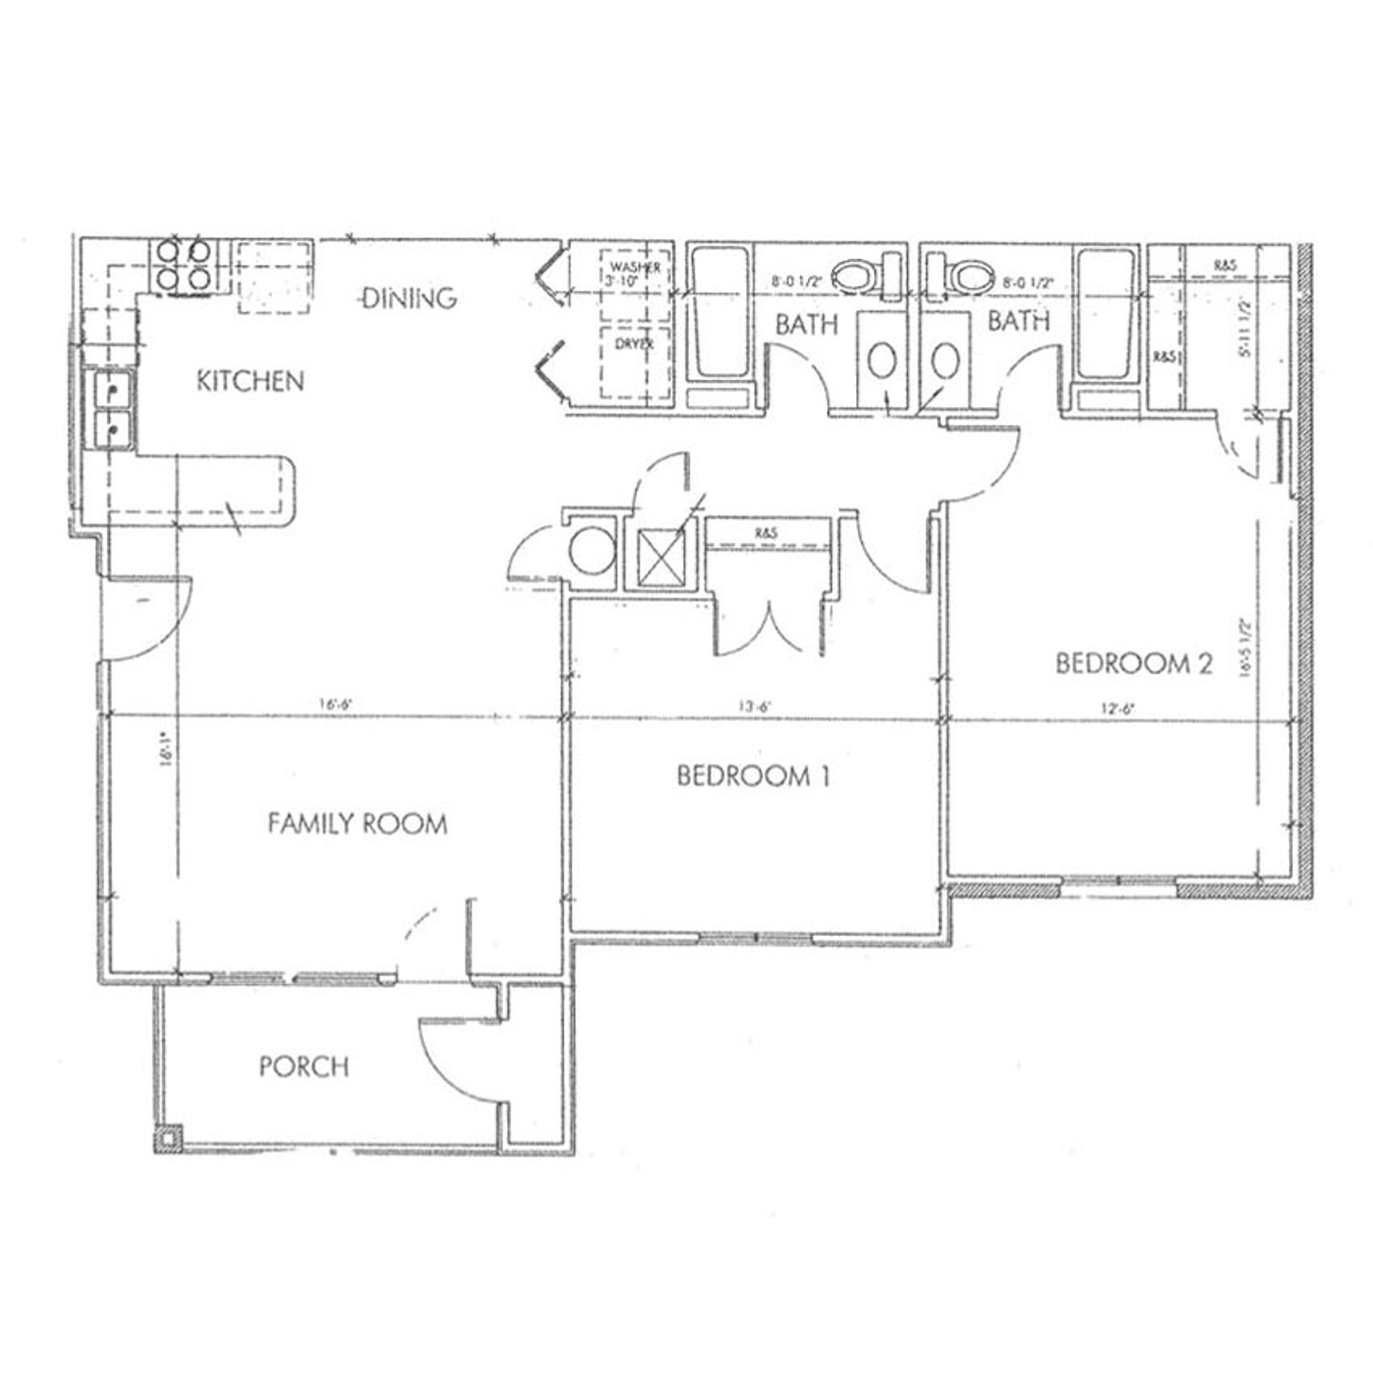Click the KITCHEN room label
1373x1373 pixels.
pyautogui.click(x=250, y=381)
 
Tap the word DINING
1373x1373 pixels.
pyautogui.click(x=410, y=297)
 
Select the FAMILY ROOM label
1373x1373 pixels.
pyautogui.click(x=358, y=824)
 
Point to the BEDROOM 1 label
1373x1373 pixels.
pyautogui.click(x=754, y=776)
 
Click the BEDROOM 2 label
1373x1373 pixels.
pyautogui.click(x=1134, y=664)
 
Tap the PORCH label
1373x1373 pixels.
pyautogui.click(x=304, y=1067)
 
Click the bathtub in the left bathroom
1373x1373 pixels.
pyautogui.click(x=720, y=313)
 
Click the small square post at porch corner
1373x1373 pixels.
pyautogui.click(x=169, y=1137)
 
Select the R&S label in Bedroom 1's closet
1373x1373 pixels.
pyautogui.click(x=765, y=533)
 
